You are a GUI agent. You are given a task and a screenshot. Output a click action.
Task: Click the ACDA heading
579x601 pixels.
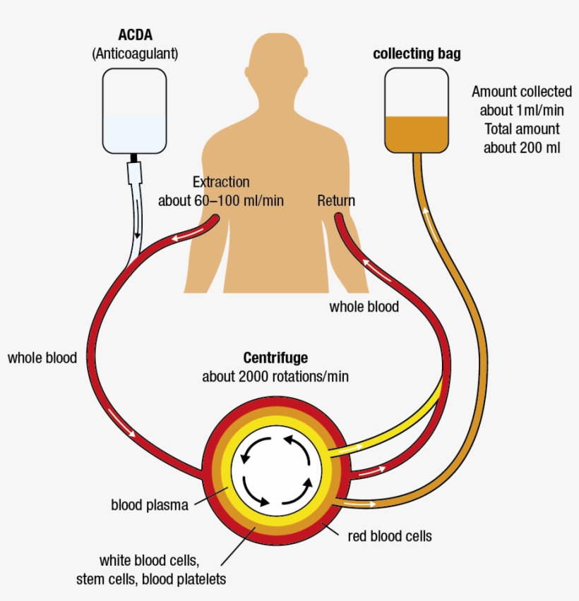pyautogui.click(x=135, y=35)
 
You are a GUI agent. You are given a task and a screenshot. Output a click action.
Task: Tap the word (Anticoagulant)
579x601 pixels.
pyautogui.click(x=135, y=54)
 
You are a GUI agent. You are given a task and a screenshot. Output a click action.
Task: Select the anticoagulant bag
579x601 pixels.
pyautogui.click(x=134, y=111)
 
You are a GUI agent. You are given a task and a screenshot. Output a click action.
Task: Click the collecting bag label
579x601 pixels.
pyautogui.click(x=417, y=54)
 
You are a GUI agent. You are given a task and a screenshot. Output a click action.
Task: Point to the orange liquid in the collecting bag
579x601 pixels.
pyautogui.click(x=417, y=134)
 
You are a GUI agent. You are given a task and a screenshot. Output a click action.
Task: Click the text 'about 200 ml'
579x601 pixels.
pyautogui.click(x=522, y=147)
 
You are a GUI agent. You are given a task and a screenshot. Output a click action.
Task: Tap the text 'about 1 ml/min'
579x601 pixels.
pyautogui.click(x=522, y=110)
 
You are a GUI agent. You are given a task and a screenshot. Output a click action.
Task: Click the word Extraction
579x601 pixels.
pyautogui.click(x=221, y=182)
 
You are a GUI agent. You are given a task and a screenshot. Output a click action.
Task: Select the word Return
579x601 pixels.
pyautogui.click(x=336, y=201)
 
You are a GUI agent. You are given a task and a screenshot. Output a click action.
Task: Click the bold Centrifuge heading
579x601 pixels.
pyautogui.click(x=275, y=358)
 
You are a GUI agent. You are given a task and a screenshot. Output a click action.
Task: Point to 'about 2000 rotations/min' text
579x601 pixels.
pyautogui.click(x=275, y=377)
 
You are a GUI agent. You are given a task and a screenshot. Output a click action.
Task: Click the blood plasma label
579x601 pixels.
pyautogui.click(x=150, y=505)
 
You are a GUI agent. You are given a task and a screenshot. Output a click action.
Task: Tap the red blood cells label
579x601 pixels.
pyautogui.click(x=390, y=536)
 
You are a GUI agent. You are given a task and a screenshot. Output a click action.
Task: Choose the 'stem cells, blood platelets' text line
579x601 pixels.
pyautogui.click(x=151, y=579)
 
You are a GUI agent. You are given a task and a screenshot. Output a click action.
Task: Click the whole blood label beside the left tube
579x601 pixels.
pyautogui.click(x=42, y=358)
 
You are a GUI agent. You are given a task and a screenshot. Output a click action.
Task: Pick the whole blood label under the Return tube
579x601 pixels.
pyautogui.click(x=364, y=307)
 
